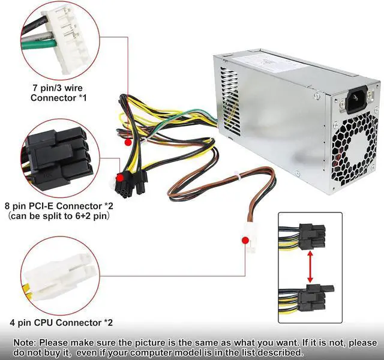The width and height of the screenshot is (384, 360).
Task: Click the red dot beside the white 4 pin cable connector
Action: pos(245,241)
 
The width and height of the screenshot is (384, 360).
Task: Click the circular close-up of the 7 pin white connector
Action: pos(51,36)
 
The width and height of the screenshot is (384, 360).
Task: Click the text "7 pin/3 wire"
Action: pos(58,87)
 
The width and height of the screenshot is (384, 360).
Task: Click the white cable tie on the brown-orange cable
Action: pos(236,178)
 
